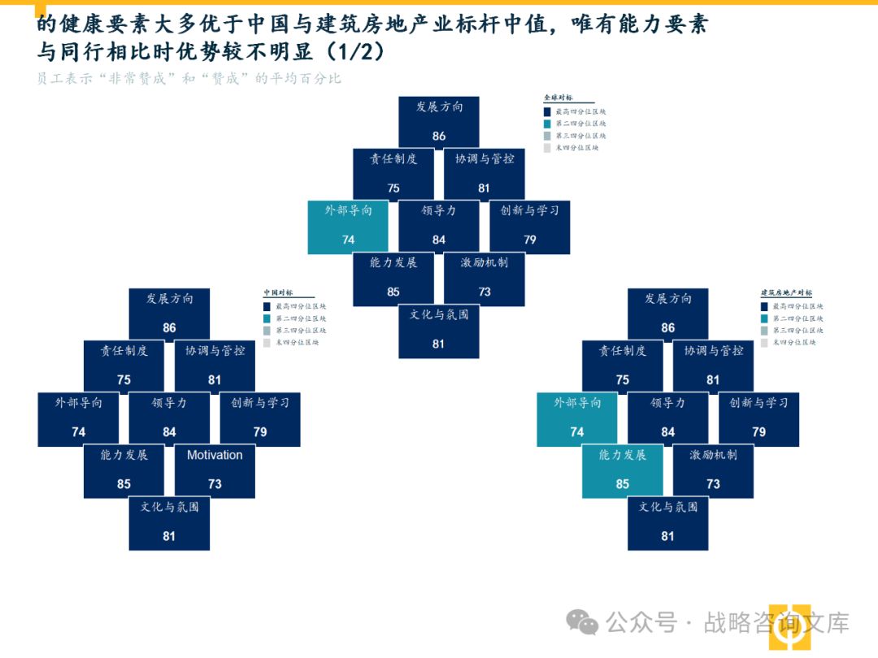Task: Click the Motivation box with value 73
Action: point(215,470)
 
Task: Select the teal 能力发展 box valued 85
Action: point(623,470)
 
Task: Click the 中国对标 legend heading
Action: point(278,292)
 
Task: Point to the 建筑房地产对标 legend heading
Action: point(786,292)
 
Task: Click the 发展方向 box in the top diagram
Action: point(439,122)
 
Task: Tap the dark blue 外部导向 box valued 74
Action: point(78,418)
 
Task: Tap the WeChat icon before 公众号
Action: point(583,623)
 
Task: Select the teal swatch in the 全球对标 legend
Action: point(547,123)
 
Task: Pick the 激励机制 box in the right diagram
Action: point(713,470)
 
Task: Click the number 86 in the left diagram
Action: point(169,328)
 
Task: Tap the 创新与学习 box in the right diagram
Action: point(758,418)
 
